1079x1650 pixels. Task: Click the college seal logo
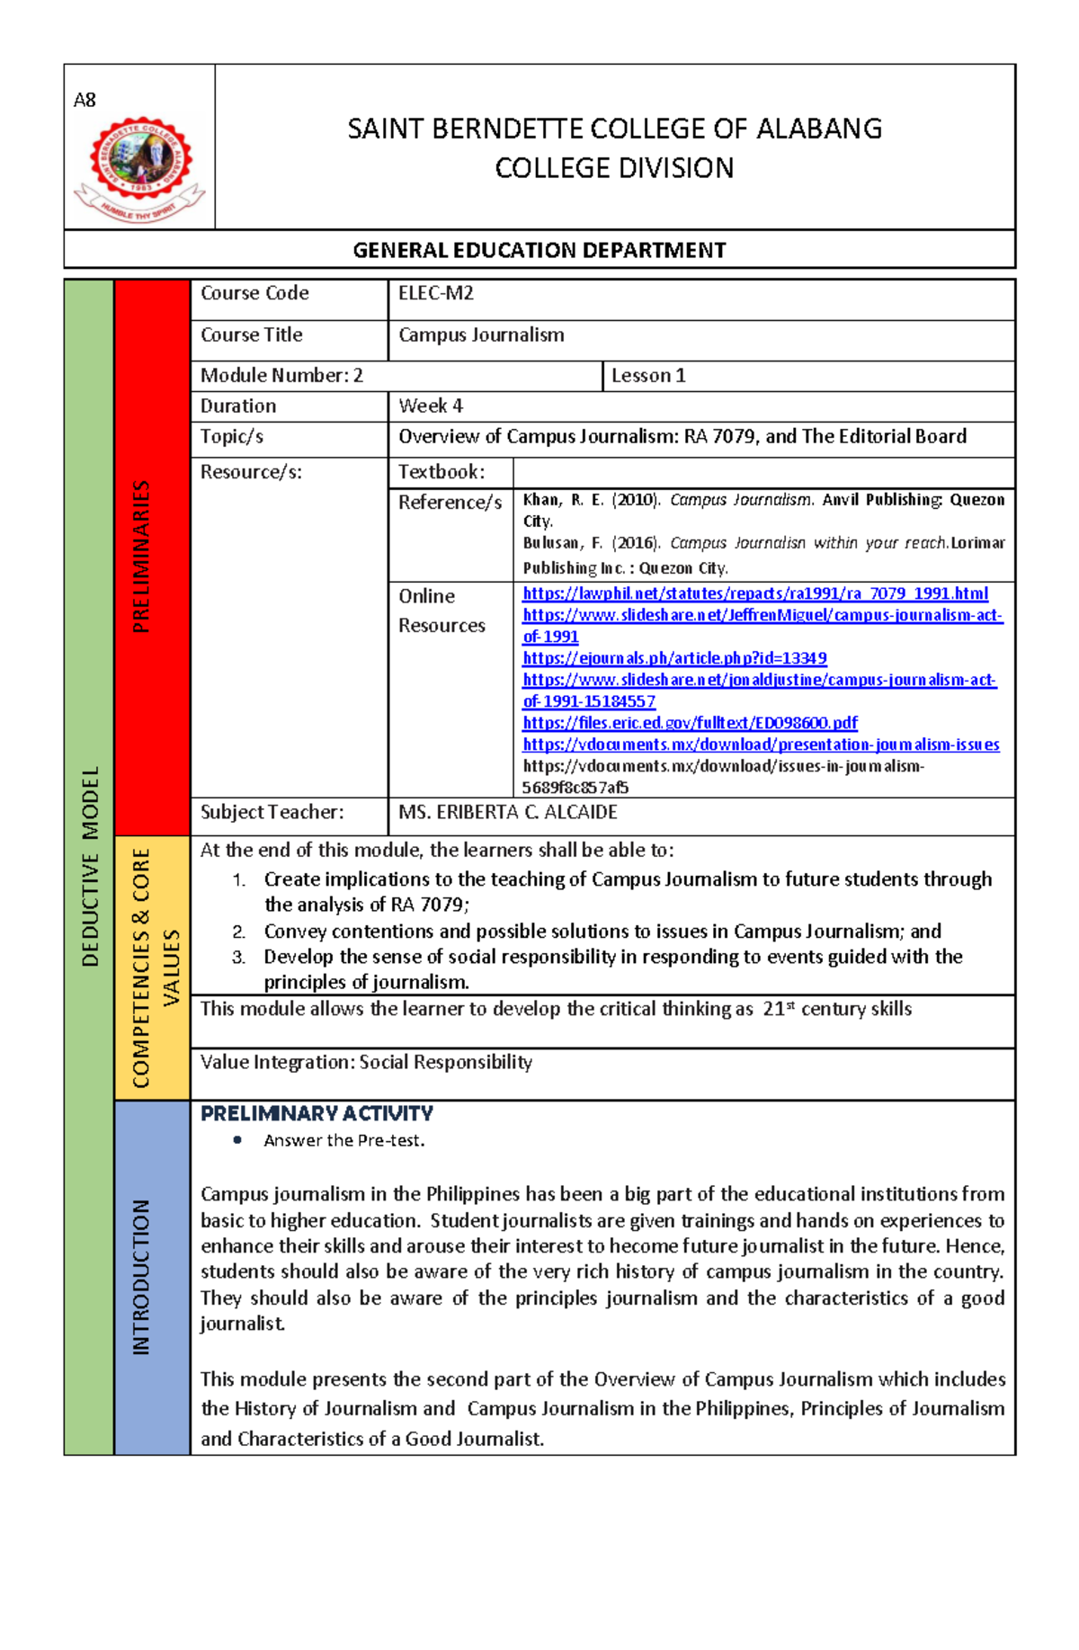(x=139, y=169)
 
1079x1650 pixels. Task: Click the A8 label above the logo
(x=85, y=100)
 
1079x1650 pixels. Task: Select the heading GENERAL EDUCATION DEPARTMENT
(x=539, y=250)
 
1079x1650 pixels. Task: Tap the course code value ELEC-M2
(x=436, y=293)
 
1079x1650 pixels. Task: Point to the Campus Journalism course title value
(x=481, y=334)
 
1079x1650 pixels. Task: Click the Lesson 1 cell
(x=648, y=376)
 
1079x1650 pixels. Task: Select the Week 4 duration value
(x=431, y=406)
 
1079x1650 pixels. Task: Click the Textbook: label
(x=441, y=472)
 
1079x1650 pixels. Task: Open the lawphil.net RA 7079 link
(x=754, y=593)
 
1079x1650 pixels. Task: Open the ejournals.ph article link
(x=674, y=658)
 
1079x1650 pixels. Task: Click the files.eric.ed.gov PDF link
(x=690, y=723)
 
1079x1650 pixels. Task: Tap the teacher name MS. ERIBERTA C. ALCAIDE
(x=508, y=812)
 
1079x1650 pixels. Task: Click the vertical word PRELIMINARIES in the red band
(x=141, y=557)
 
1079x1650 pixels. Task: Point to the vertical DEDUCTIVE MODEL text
(x=90, y=866)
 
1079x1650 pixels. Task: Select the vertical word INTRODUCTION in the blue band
(x=141, y=1277)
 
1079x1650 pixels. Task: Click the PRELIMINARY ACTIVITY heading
(x=317, y=1113)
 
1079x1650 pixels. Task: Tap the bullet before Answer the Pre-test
(x=237, y=1140)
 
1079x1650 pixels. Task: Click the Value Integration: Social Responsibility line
(x=366, y=1062)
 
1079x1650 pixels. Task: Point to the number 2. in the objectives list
(x=238, y=932)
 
